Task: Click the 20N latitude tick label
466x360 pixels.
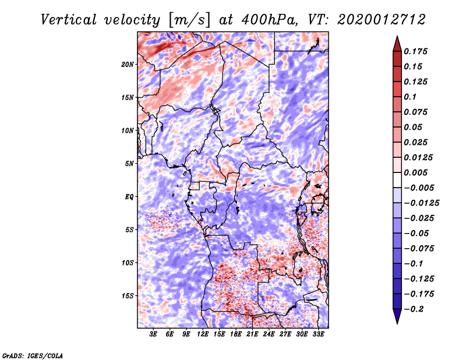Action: coord(128,64)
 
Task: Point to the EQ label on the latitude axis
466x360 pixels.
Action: coord(129,196)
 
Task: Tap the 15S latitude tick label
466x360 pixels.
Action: coord(128,296)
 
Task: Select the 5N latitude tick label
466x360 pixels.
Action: coord(129,164)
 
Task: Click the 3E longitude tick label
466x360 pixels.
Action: coord(153,334)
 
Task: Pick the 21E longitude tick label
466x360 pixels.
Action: coord(252,334)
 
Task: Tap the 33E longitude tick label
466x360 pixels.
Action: coord(318,334)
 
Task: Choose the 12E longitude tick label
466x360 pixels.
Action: coord(203,334)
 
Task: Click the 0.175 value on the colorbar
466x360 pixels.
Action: coord(415,51)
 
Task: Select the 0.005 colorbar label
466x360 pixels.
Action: coord(415,172)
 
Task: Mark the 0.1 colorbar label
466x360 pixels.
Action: coord(410,97)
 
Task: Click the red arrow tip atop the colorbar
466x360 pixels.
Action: coord(397,36)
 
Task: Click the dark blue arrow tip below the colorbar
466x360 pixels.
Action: coord(397,323)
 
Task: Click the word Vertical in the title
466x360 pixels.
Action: coord(69,20)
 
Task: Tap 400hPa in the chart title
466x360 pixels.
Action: coord(269,20)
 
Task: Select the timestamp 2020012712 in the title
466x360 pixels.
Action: coord(382,20)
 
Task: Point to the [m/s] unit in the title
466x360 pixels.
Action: coord(189,20)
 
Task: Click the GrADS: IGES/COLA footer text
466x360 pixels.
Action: coord(33,355)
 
